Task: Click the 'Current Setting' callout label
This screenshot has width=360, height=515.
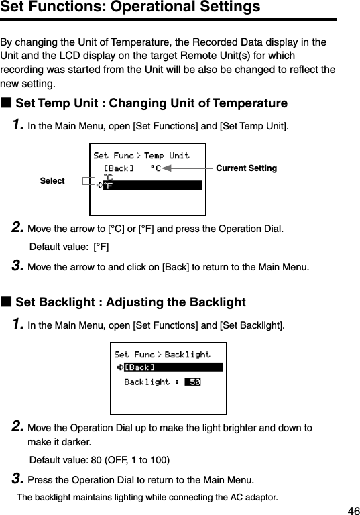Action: (246, 168)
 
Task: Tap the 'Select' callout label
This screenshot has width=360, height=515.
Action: (52, 181)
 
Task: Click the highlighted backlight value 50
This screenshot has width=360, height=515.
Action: (193, 382)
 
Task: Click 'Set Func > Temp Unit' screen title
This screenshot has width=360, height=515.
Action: (141, 156)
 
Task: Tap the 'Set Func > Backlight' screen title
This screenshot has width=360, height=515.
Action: (162, 355)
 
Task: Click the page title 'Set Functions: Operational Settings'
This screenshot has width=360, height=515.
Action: (131, 8)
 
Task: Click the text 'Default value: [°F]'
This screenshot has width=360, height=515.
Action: (70, 247)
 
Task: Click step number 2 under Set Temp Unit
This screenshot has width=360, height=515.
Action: (19, 229)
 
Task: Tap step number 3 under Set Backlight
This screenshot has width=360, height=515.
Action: (19, 479)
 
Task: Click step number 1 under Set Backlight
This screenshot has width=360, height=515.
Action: (19, 325)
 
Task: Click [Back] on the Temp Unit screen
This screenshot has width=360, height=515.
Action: (118, 168)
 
